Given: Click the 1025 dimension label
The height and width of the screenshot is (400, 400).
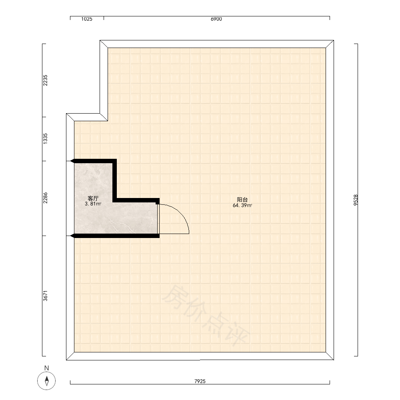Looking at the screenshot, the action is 87,19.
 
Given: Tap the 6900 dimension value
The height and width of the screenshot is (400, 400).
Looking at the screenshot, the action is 216,19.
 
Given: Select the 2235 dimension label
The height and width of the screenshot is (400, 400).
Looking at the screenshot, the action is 45,80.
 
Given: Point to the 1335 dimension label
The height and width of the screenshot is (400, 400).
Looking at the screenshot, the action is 45,139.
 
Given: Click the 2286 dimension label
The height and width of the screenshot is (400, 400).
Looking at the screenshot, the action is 45,198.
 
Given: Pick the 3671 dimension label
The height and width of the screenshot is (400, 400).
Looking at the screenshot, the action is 45,296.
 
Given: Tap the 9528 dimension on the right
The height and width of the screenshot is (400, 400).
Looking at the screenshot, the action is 356,200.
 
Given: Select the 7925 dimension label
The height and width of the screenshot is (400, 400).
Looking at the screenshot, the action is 200,381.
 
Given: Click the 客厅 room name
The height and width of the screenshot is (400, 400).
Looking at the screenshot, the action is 93,198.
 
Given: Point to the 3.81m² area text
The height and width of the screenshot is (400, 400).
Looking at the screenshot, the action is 93,204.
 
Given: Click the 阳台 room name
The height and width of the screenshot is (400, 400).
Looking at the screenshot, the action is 242,200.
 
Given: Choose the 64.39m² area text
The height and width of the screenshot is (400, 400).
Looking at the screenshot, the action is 242,205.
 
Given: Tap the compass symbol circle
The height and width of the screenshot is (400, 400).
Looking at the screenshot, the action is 46,381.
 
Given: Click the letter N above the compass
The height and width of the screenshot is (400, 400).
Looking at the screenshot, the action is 46,368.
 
